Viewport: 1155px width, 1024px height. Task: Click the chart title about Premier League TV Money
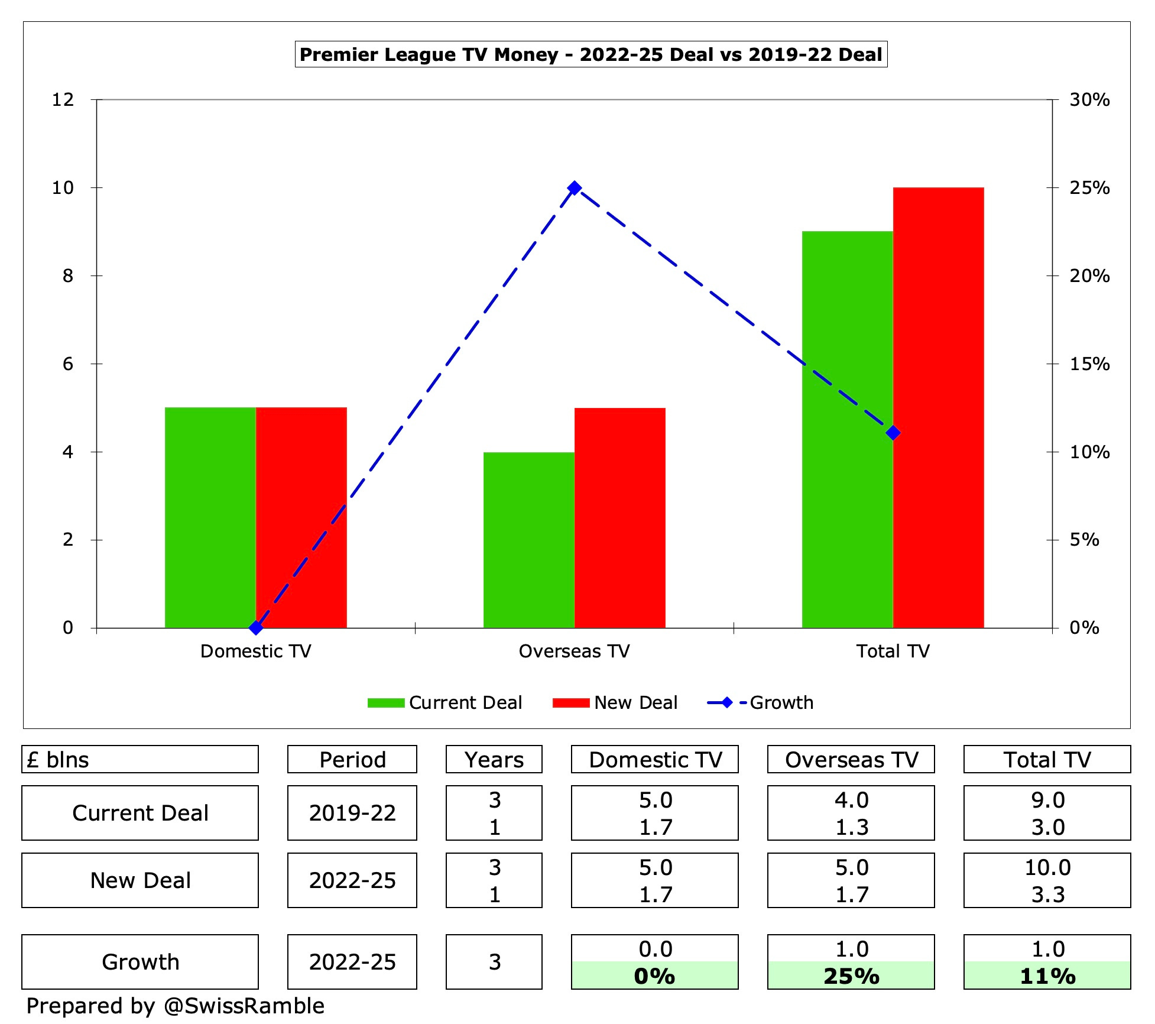591,54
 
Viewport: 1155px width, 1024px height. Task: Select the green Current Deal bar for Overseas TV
528,539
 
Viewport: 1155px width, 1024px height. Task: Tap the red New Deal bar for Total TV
938,407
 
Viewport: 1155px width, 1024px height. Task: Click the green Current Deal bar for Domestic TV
210,517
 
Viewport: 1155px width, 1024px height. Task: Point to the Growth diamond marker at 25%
574,188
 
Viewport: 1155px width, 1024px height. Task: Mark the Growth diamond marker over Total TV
893,433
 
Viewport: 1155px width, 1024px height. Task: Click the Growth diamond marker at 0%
255,627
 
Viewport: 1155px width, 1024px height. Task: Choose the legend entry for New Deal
615,702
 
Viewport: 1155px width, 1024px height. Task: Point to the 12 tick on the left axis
63,99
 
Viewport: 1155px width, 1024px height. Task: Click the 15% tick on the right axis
1089,364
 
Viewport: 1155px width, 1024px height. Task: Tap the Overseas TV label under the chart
574,651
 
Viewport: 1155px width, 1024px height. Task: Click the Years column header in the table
494,759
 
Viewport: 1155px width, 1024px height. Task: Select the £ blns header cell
140,759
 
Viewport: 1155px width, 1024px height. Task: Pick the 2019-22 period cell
352,813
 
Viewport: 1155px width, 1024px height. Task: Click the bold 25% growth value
851,976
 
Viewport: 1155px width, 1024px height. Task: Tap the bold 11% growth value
1047,976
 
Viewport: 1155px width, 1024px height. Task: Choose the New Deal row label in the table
140,880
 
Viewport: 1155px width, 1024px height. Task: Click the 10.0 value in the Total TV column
1047,867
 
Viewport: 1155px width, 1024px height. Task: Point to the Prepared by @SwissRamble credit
176,1006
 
